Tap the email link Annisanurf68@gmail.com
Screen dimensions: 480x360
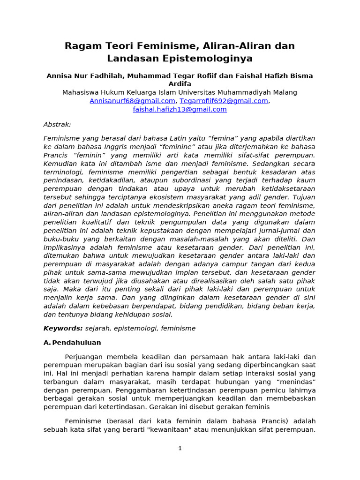tap(132, 101)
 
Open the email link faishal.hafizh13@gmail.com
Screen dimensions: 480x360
tap(180, 109)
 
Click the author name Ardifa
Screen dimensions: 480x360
tap(180, 84)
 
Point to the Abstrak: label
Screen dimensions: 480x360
tap(57, 124)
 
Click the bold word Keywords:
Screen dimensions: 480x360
tap(63, 328)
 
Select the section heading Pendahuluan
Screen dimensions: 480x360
tap(76, 343)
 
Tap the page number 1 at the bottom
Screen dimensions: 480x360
tap(180, 448)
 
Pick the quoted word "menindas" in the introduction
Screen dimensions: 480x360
tap(296, 382)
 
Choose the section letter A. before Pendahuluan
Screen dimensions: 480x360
tap(47, 343)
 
